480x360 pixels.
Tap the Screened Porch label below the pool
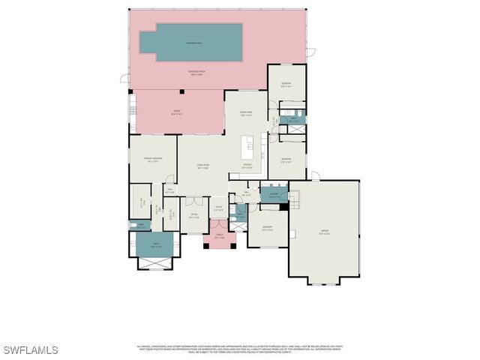(197, 73)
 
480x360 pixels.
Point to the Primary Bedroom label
(153, 160)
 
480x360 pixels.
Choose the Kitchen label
(247, 166)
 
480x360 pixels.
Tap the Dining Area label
(245, 114)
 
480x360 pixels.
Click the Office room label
(193, 216)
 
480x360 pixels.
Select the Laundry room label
(274, 196)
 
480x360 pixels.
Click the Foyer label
(218, 208)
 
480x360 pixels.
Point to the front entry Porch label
(220, 238)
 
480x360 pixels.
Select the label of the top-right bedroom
(286, 84)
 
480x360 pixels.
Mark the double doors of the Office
(194, 200)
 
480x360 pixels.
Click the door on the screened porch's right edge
(310, 52)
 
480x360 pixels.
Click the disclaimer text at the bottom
(238, 349)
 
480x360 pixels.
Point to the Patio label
(177, 112)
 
